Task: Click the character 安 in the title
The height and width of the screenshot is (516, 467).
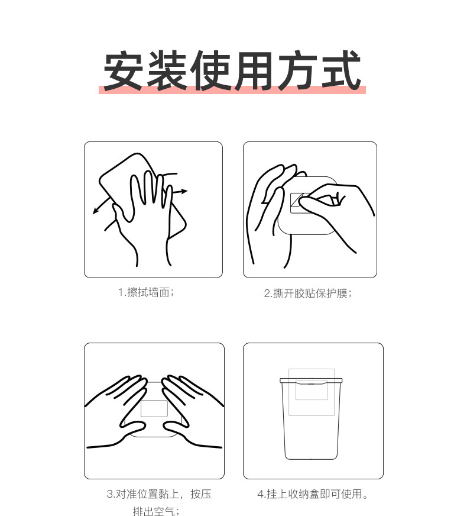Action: (123, 70)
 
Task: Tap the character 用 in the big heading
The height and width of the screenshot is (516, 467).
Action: (253, 70)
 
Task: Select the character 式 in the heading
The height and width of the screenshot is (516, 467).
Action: (341, 70)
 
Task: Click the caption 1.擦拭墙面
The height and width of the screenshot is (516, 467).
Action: (146, 292)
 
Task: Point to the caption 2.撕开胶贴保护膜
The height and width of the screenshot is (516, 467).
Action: (308, 294)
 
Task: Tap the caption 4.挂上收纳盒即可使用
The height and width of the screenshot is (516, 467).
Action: (313, 494)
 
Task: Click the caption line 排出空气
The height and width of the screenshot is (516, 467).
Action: (157, 511)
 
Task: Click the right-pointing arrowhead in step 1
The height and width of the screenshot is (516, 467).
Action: (184, 191)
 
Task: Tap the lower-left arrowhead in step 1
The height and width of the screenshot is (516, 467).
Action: (96, 211)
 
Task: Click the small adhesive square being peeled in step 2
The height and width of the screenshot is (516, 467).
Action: (298, 203)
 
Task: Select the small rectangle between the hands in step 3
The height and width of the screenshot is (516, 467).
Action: (154, 408)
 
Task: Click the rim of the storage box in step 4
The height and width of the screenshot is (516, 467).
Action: (311, 380)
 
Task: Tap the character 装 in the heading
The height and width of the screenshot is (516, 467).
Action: (167, 70)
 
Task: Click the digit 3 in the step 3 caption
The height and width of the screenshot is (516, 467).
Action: (110, 494)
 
